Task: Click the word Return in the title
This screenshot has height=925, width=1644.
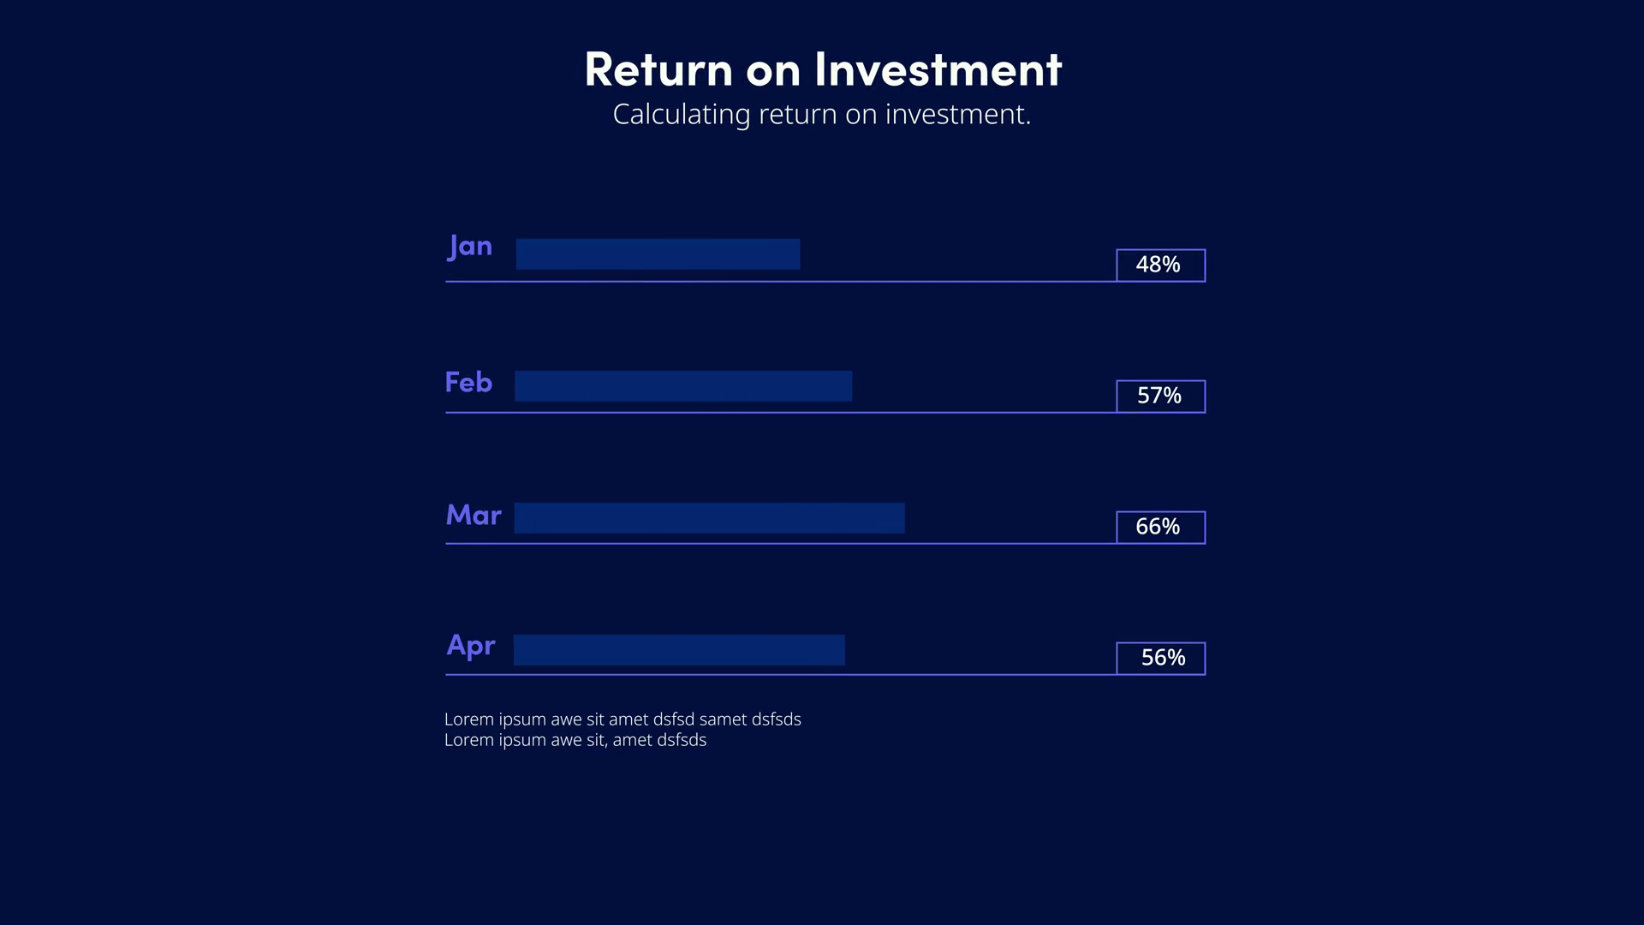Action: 658,69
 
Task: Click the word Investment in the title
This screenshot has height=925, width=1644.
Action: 938,69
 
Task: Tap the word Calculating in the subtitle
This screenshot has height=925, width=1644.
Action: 682,115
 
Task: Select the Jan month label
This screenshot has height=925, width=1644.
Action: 470,247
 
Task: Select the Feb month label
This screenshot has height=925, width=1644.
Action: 468,382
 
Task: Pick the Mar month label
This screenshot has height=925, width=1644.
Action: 474,515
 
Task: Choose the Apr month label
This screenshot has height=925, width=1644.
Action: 471,646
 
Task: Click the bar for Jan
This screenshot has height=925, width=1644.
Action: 658,254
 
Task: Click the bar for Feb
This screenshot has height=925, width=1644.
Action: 683,386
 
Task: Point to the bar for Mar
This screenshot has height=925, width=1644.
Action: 709,518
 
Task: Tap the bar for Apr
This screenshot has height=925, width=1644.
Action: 679,650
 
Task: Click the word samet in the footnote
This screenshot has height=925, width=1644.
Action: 723,719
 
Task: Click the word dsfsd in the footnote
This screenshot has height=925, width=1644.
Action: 673,719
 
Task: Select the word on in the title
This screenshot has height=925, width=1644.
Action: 773,72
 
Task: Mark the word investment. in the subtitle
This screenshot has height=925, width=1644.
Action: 958,115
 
